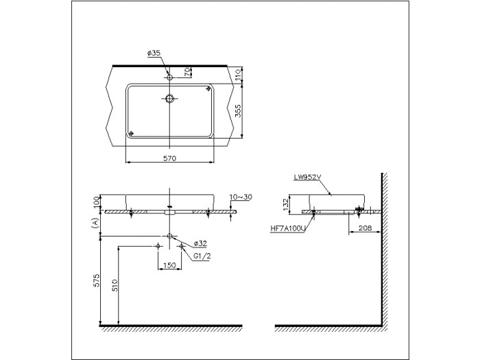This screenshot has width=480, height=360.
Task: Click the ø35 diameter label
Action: pyautogui.click(x=155, y=52)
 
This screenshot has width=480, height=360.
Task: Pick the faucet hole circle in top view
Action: pyautogui.click(x=169, y=77)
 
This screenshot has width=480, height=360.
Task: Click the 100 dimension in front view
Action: pyautogui.click(x=97, y=202)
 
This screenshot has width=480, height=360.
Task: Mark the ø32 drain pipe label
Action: pyautogui.click(x=200, y=243)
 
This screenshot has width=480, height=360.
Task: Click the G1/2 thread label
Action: pyautogui.click(x=202, y=256)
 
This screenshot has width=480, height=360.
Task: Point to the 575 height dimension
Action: pyautogui.click(x=97, y=280)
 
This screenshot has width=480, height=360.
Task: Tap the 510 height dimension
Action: pyautogui.click(x=115, y=285)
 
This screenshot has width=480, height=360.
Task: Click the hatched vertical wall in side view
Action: pyautogui.click(x=386, y=247)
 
